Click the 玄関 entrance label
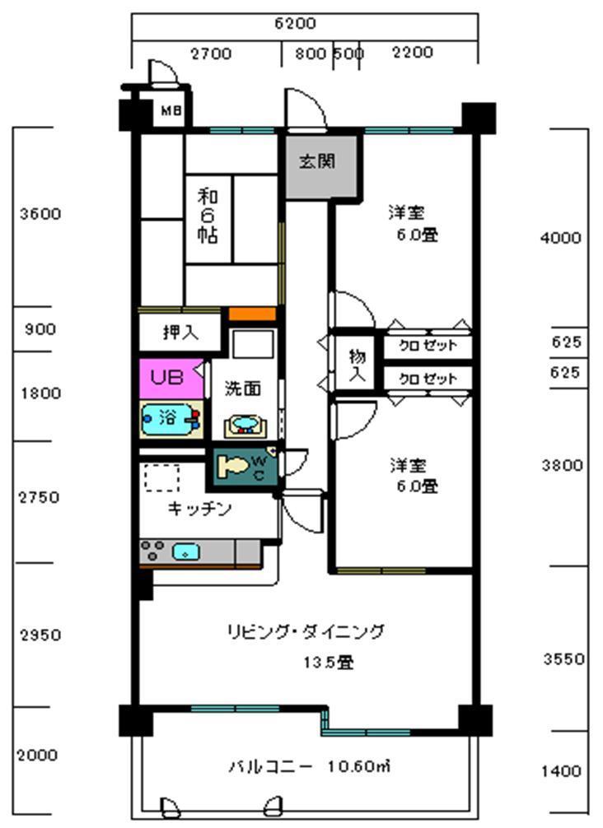pos(317,162)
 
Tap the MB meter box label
pos(171,110)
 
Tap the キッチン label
pos(199,509)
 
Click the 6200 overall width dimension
pos(294,24)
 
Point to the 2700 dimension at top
pos(211,54)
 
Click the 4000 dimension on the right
pos(560,238)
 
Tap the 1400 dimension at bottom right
pos(561,771)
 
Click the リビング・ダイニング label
pos(306,632)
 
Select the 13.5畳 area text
pos(327,662)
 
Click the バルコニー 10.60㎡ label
pos(308,767)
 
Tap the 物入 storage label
pos(357,365)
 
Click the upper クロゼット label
pos(427,346)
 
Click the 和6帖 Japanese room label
pos(208,216)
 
